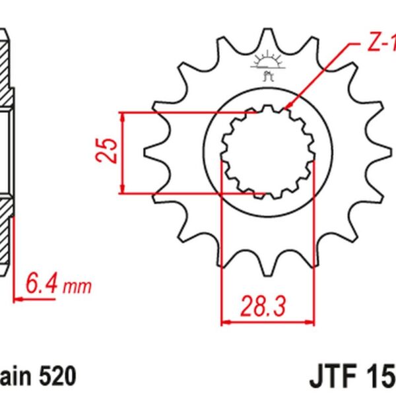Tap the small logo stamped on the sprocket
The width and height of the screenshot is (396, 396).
pyautogui.click(x=267, y=66)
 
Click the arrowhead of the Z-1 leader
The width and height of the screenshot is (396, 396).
pyautogui.click(x=285, y=107)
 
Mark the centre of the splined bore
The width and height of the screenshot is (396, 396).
pyautogui.click(x=267, y=152)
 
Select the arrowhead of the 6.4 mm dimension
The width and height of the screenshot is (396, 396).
pyautogui.click(x=16, y=298)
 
